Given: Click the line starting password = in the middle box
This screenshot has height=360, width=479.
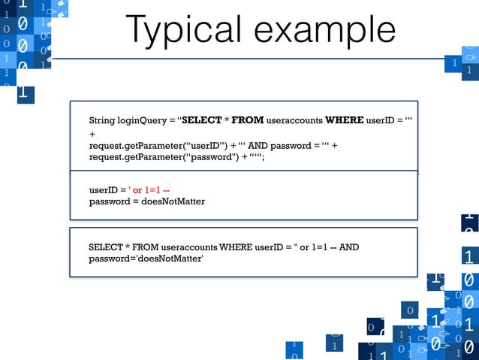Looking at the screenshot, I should click(146, 201).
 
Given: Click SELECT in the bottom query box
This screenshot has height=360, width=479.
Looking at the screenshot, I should click(106, 247).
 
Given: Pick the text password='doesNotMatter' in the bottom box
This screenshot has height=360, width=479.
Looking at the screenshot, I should click(146, 259).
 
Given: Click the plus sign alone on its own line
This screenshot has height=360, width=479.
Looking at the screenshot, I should click(92, 134).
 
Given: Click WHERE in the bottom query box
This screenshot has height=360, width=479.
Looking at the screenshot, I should click(238, 247).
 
